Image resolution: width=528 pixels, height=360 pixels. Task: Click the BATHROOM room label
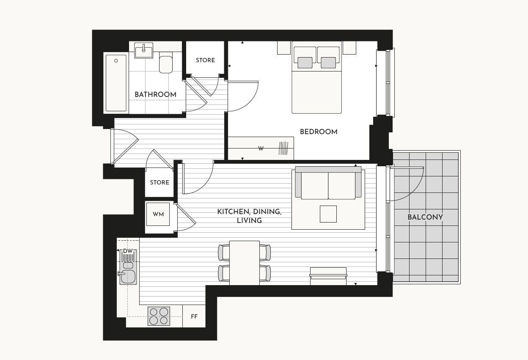155,94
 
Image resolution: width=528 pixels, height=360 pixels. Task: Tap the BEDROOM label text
319,132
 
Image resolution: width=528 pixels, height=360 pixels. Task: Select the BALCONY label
425,217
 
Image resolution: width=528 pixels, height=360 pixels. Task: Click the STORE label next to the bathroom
205,60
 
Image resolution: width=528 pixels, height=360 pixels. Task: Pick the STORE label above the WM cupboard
159,182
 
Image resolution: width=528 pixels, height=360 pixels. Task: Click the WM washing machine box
158,214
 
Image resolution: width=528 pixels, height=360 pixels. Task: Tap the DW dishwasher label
128,251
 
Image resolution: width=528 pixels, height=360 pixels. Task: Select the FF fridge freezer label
194,316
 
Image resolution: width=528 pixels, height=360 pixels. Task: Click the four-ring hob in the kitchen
159,316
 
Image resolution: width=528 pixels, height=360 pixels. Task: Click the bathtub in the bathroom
116,83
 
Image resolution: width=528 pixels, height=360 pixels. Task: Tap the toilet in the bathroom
166,64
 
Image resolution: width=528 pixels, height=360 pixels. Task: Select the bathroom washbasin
144,51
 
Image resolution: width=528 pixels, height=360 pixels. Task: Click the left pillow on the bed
305,62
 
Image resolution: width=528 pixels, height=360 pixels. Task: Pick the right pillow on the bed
328,62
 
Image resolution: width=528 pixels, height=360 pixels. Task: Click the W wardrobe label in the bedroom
261,148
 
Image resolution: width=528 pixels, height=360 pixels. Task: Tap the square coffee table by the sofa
328,214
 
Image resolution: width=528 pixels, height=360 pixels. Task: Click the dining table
244,263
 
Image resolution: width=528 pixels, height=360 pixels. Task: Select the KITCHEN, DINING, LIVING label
249,216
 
